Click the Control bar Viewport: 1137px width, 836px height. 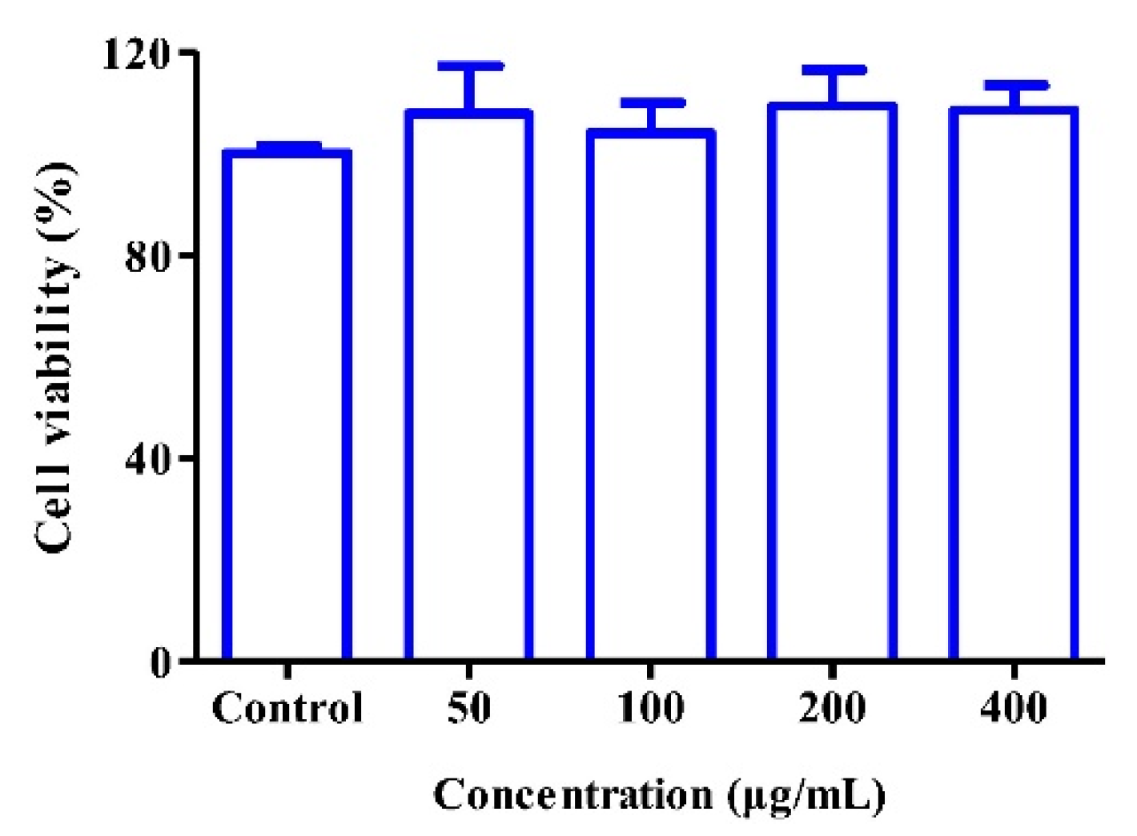pos(287,404)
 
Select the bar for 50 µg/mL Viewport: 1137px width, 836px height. pos(469,384)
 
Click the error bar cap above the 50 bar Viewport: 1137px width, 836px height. pos(470,66)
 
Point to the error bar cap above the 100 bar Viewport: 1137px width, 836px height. pos(652,102)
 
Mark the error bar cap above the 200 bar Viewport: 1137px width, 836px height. pos(834,70)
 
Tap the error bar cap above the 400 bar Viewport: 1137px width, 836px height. pos(1015,85)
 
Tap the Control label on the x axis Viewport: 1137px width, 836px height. pos(287,708)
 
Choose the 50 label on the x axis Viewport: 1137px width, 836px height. pos(469,708)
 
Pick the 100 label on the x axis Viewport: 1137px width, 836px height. pos(651,708)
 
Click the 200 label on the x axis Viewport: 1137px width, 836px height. pos(833,708)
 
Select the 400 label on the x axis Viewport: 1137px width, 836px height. pos(1014,708)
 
